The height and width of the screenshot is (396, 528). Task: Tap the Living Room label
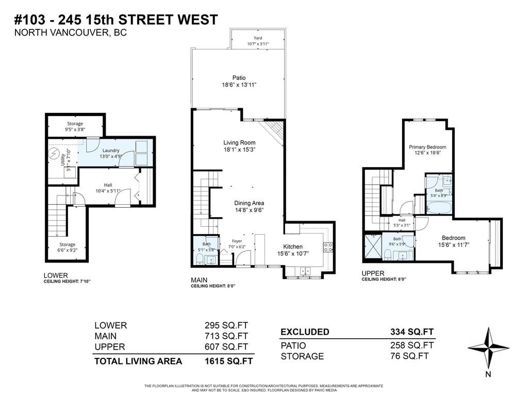point(239,143)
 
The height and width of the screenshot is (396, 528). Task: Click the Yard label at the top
point(258,38)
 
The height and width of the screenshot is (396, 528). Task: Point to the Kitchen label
point(292,246)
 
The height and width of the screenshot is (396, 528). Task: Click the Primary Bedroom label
point(427,147)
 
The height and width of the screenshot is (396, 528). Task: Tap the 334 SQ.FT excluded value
point(412,332)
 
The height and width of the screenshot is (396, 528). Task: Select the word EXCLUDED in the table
point(305,332)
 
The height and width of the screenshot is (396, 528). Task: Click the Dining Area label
point(249,203)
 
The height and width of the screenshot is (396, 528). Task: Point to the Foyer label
point(237,241)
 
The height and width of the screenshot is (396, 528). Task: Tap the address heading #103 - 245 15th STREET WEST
point(115,20)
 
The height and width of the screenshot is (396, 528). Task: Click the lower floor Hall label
point(108,185)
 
